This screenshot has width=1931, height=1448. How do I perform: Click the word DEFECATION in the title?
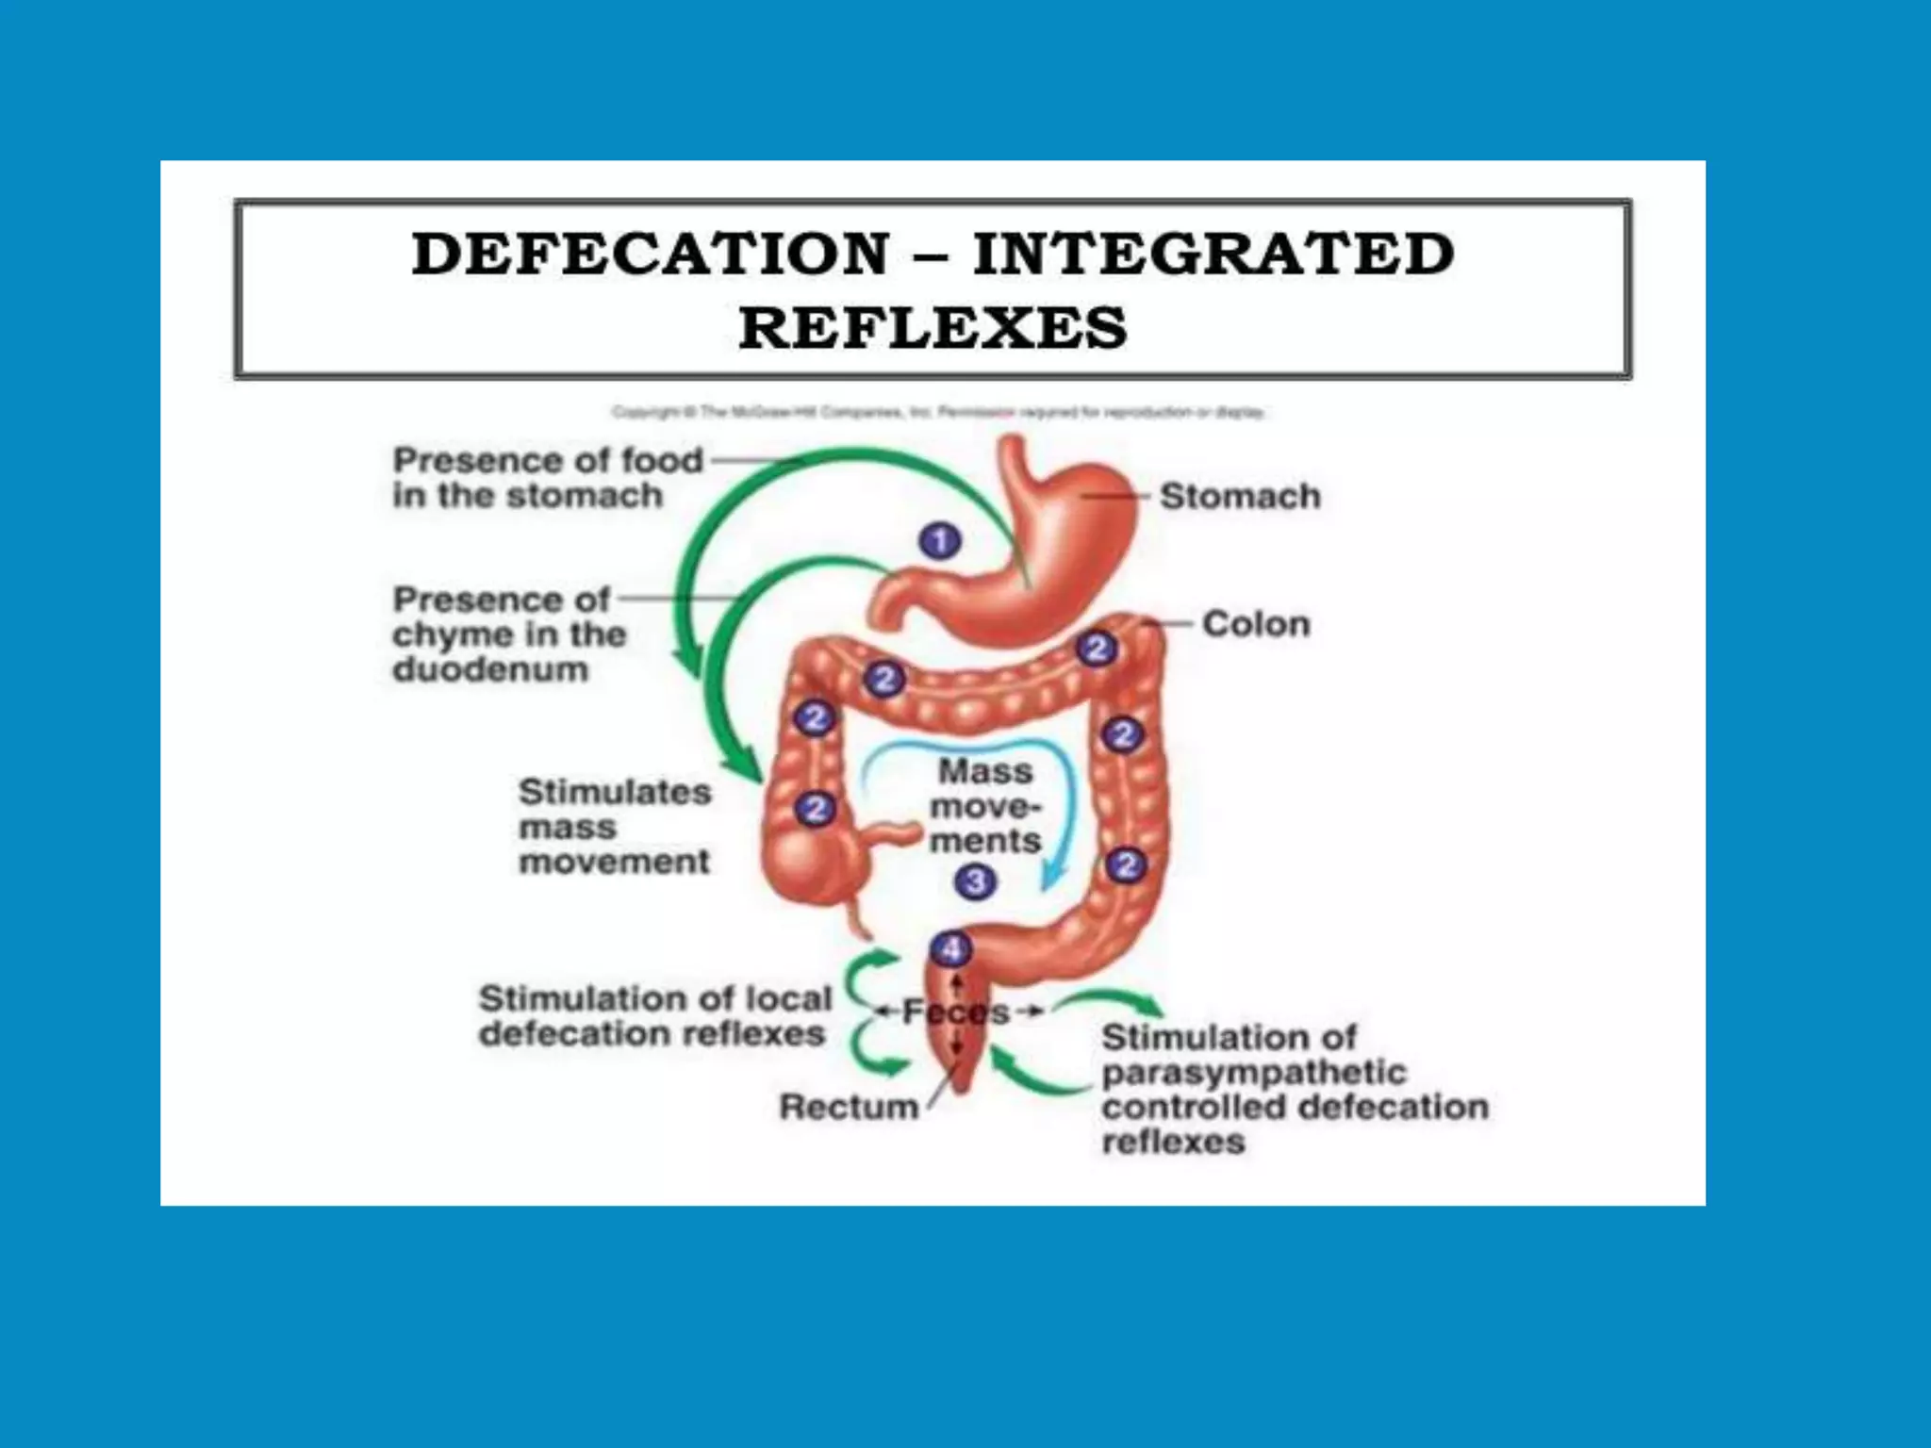651,255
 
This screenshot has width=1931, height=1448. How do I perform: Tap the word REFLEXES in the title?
932,328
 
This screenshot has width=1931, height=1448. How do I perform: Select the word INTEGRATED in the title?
1213,255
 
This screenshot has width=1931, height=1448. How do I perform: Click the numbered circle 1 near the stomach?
939,541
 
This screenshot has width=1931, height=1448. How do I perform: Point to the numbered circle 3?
975,882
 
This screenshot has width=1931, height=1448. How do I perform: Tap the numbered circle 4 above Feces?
950,948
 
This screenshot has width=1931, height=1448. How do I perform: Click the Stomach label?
1240,496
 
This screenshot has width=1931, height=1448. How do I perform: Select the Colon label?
1256,624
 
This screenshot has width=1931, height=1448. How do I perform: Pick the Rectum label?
849,1107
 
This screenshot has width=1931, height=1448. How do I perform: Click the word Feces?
956,1012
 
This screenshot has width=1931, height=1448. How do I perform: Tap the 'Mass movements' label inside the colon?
985,806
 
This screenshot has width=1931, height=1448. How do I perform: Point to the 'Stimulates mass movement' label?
614,827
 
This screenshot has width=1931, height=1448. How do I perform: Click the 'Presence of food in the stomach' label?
547,478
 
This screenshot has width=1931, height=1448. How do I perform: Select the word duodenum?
490,669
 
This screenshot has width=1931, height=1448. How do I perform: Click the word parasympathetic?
1254,1073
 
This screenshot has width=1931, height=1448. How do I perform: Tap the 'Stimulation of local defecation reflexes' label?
655,1016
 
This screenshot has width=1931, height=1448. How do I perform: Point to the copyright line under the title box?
937,412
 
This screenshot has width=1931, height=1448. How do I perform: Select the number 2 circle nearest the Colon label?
1097,649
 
